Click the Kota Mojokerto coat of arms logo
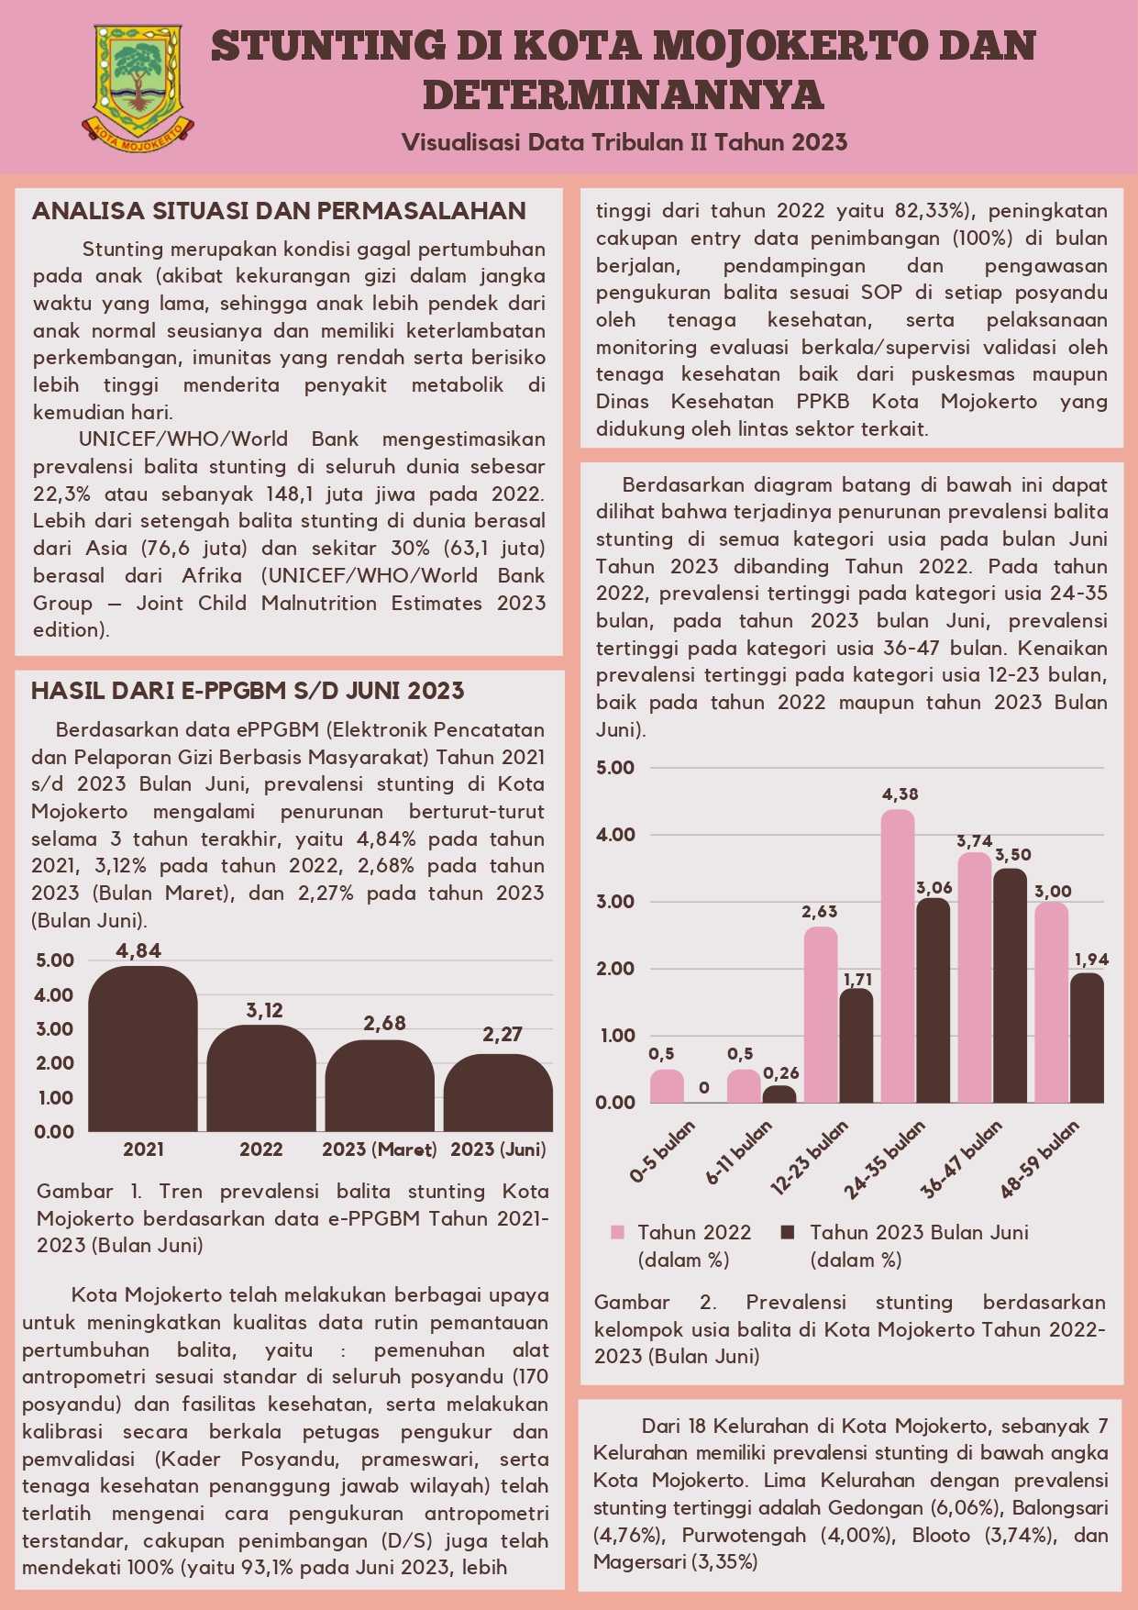point(139,87)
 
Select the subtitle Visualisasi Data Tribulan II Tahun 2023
point(624,142)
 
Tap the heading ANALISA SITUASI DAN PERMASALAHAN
point(279,211)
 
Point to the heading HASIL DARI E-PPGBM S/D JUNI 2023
point(248,691)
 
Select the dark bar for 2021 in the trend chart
point(143,1049)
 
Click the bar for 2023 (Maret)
point(380,1086)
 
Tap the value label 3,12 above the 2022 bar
point(264,1011)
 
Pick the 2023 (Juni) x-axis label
point(498,1149)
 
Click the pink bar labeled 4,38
point(898,956)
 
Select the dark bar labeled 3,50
point(1011,985)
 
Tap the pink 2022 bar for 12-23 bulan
point(821,1015)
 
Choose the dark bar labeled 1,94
point(1088,1038)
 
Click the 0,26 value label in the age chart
point(780,1073)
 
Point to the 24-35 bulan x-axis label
point(885,1159)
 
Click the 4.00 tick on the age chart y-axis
point(615,835)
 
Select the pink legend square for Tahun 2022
point(618,1232)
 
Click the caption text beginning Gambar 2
point(850,1329)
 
